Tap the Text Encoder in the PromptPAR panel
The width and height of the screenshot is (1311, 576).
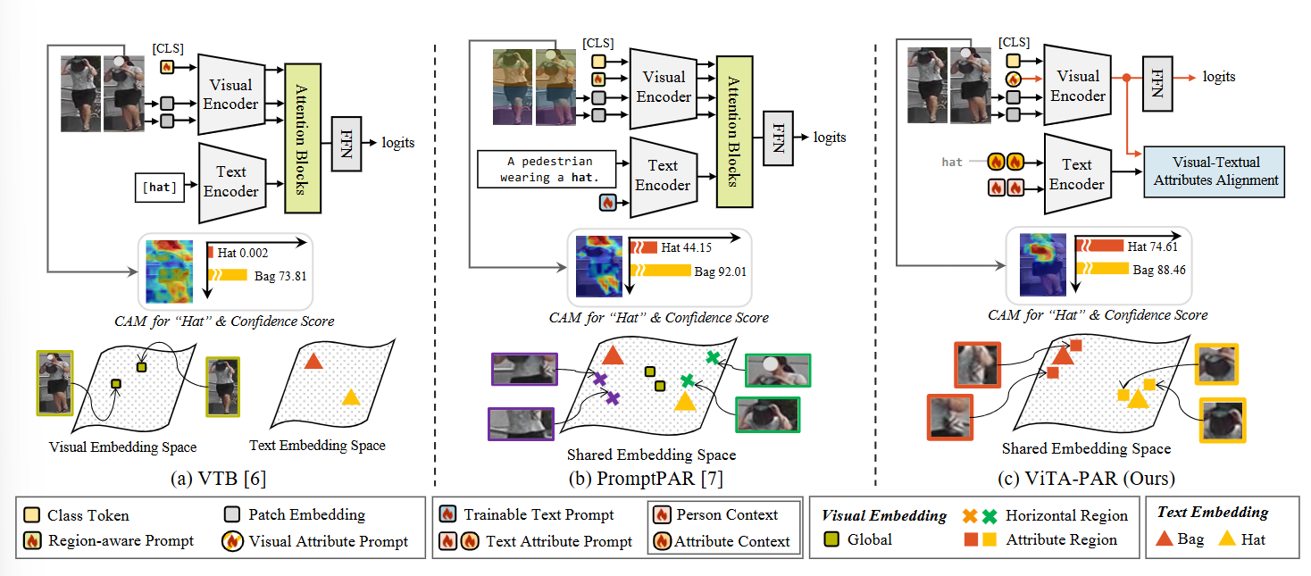tap(663, 176)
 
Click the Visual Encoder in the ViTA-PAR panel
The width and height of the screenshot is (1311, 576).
tap(1078, 86)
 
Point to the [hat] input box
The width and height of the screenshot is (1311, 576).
tap(158, 187)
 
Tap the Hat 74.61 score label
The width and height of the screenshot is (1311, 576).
tap(1157, 247)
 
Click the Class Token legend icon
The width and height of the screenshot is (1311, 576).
tap(32, 515)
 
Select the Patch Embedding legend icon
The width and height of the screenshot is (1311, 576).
tap(232, 514)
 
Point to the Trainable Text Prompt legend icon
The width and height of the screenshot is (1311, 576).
tap(447, 515)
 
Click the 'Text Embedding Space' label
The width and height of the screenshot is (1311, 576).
tap(318, 446)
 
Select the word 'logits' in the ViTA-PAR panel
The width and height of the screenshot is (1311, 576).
tap(1219, 77)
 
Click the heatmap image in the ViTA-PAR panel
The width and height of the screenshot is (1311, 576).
tap(1041, 265)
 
